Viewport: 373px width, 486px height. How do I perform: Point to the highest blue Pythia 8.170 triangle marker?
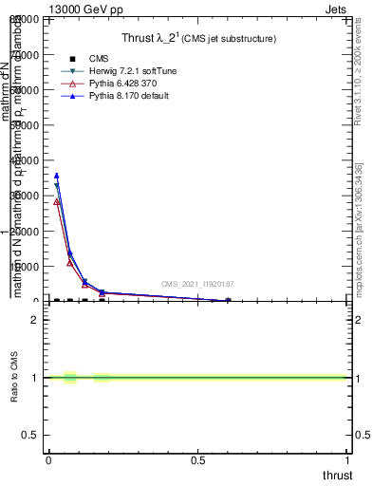pyautogui.click(x=56, y=176)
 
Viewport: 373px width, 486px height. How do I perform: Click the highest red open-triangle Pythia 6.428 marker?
pyautogui.click(x=56, y=201)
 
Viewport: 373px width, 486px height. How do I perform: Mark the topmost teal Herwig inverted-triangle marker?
pyautogui.click(x=56, y=185)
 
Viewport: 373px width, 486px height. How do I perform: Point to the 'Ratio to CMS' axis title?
pyautogui.click(x=16, y=380)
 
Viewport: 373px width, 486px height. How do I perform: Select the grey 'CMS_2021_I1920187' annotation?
pyautogui.click(x=196, y=284)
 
